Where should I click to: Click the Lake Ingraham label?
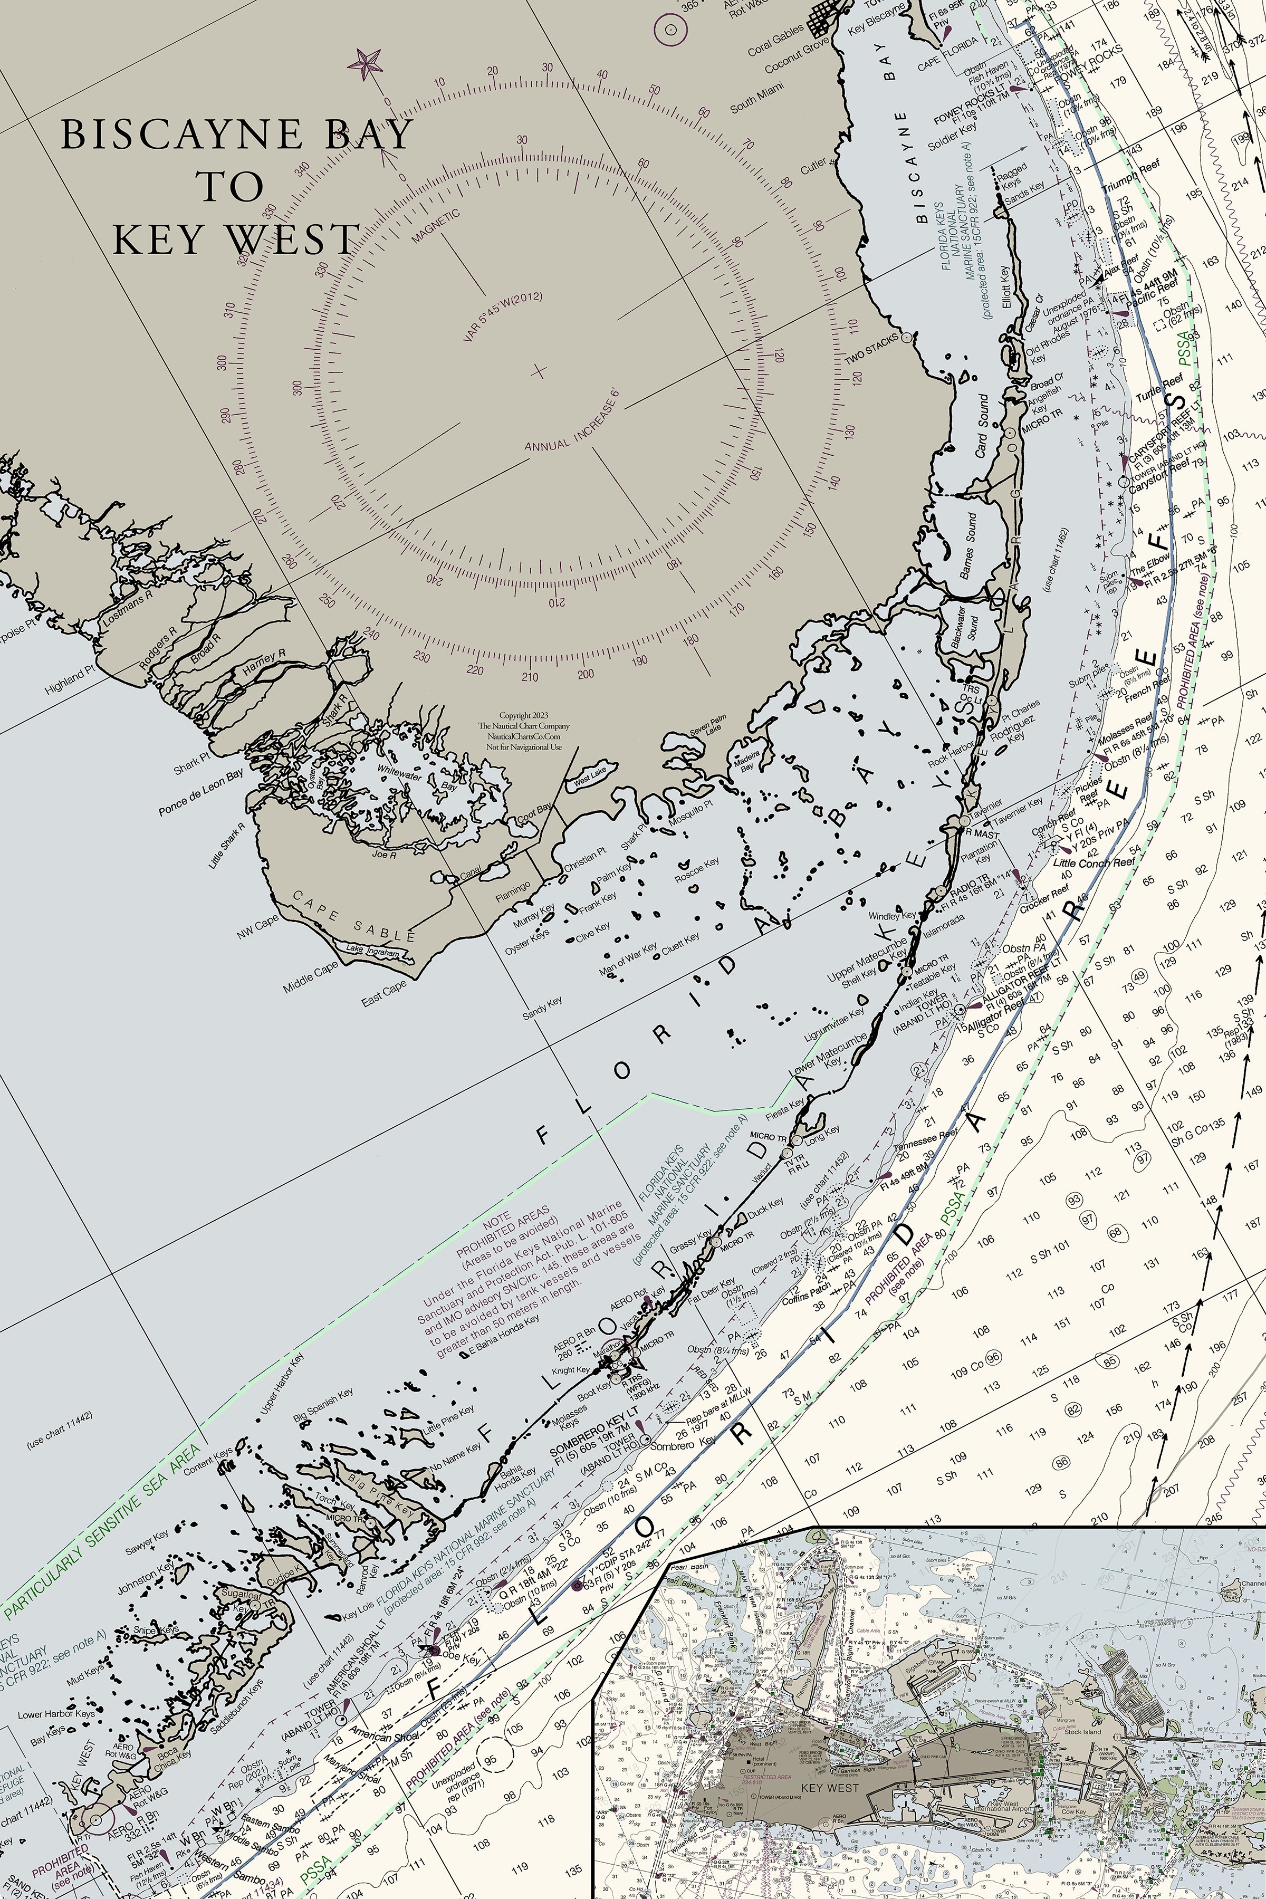click(x=372, y=951)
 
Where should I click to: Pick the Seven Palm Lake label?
click(x=708, y=725)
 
